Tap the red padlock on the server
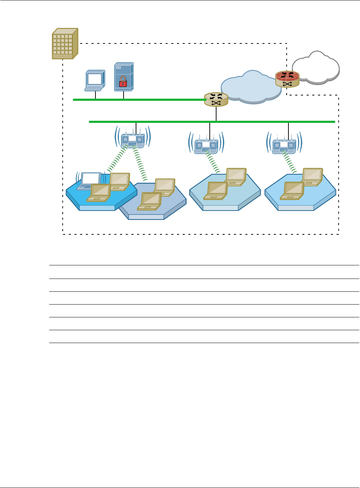[122, 82]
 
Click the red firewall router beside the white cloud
[287, 79]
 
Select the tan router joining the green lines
[216, 99]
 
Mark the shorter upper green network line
[142, 100]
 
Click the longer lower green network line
[249, 122]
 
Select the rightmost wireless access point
[284, 146]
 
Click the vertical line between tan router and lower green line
[216, 114]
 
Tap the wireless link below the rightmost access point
[290, 162]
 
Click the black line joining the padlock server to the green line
[124, 95]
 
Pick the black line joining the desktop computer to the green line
[95, 95]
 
